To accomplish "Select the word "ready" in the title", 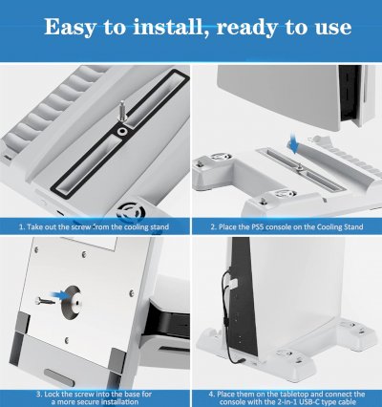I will point(263,26).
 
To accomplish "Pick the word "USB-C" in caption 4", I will point(315,402).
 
